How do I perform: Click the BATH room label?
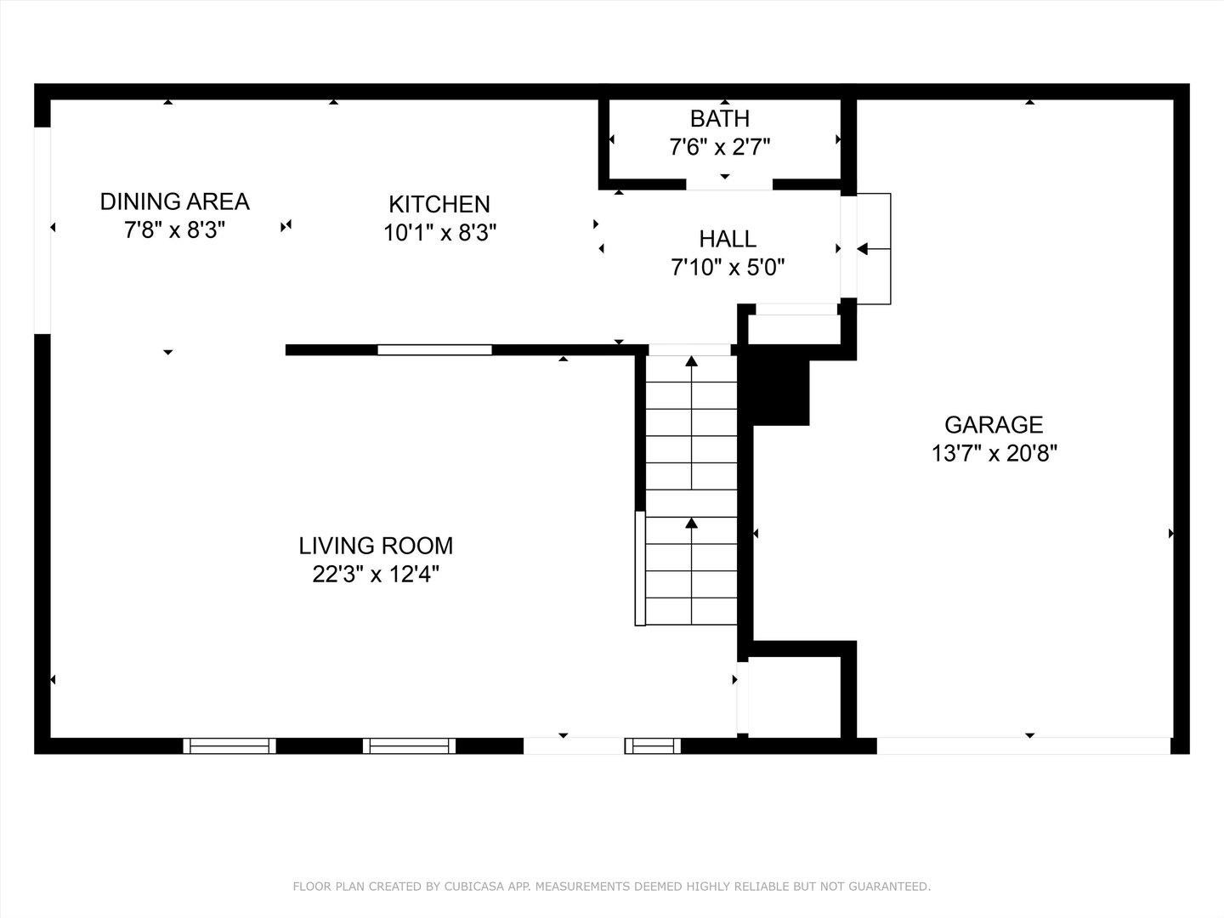(x=719, y=118)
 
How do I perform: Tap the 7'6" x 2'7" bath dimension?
(x=719, y=148)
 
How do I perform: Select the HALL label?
(x=728, y=239)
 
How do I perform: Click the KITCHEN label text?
(x=439, y=204)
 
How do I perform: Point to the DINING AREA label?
(x=174, y=201)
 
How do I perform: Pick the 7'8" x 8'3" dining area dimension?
(x=174, y=230)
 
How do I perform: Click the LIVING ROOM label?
(x=376, y=545)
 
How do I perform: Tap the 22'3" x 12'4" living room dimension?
(x=376, y=575)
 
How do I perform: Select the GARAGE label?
(x=994, y=424)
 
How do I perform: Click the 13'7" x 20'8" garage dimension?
(x=994, y=453)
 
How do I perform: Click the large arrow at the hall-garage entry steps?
(x=863, y=249)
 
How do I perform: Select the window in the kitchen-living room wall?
(x=434, y=349)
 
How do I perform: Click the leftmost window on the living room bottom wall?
(x=229, y=745)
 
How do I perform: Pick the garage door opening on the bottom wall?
(x=1023, y=745)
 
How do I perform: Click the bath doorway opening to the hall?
(x=729, y=184)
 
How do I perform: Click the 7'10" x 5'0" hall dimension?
(x=728, y=269)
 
